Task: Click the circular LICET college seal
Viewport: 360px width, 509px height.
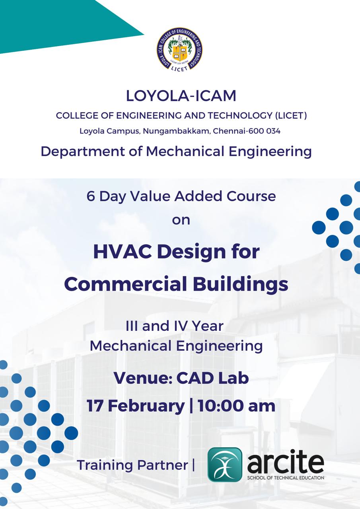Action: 180,50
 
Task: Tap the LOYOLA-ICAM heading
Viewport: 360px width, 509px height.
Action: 181,96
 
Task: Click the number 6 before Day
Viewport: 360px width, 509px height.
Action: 91,196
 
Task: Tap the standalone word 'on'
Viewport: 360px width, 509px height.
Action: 181,220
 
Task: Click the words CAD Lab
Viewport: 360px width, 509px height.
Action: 212,378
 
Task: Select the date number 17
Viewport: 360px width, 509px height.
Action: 95,406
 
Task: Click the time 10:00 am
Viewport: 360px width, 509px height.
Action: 236,406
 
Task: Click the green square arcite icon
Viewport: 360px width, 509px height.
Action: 225,464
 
